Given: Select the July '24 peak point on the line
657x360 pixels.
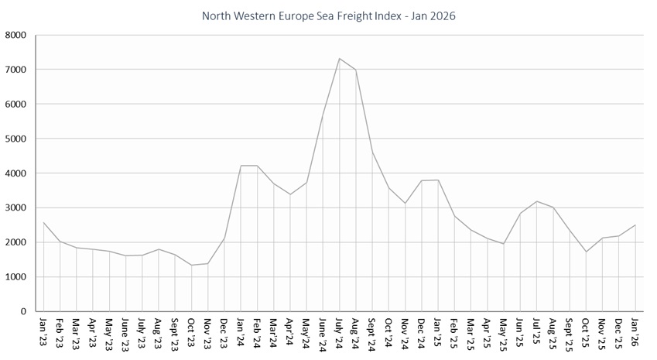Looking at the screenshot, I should tap(339, 58).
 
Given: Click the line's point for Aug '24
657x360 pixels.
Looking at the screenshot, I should tap(355, 70).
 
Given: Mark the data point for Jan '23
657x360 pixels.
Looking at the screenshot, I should tap(43, 222).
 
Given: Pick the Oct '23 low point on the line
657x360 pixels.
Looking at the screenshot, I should tap(191, 265).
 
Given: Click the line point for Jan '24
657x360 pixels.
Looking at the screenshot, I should tap(241, 166).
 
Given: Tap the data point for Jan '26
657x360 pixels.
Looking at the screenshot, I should tap(635, 225).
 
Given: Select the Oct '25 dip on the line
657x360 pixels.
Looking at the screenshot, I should tap(586, 252).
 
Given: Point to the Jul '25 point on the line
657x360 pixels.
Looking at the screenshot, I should tap(536, 201).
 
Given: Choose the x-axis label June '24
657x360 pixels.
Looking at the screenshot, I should tap(323, 331).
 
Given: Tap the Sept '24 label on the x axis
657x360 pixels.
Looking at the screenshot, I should tap(372, 331).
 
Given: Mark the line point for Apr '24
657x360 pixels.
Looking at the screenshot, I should tap(290, 194).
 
